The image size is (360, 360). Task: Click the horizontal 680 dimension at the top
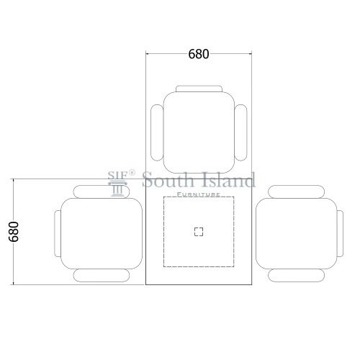199,54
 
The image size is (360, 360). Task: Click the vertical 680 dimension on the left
14,232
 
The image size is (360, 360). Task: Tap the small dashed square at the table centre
199,232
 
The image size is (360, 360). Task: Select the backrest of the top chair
199,89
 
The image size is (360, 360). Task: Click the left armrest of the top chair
157,132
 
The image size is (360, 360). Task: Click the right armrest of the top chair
240,132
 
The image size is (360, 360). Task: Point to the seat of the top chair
199,132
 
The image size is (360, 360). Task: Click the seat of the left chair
102,233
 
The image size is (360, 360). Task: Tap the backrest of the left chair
58,233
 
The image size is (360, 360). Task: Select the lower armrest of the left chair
102,275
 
